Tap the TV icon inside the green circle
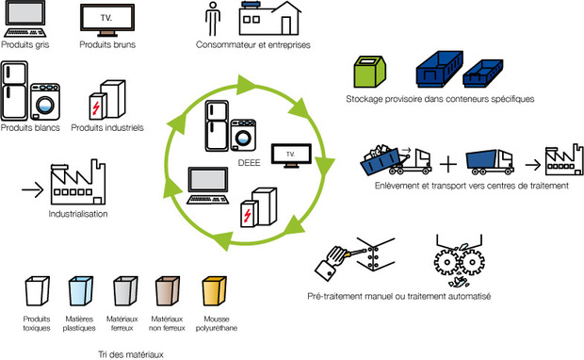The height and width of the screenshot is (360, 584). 287,154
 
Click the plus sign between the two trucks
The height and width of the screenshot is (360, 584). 448,162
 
